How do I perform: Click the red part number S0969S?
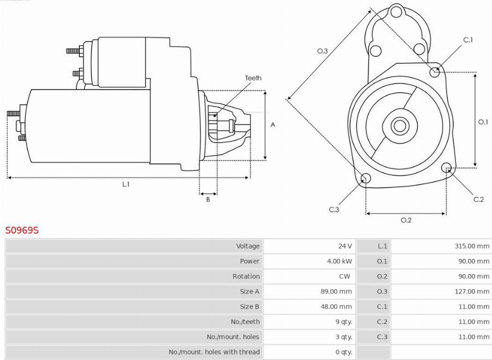(22, 231)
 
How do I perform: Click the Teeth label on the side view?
(253, 78)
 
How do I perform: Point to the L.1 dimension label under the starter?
(125, 185)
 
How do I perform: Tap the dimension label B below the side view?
(208, 200)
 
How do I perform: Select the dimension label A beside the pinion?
(273, 125)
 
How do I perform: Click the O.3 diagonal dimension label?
(323, 51)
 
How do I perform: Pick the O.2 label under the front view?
(406, 220)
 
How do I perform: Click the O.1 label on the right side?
(483, 122)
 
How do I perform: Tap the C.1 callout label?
(468, 40)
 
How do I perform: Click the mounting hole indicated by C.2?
(446, 167)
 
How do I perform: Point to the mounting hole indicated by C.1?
(435, 71)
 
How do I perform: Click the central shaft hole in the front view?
(400, 126)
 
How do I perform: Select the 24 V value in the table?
(345, 246)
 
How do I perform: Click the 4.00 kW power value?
(339, 261)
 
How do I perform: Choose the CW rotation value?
(344, 276)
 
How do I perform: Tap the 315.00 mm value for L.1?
(472, 246)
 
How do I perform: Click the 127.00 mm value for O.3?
(472, 292)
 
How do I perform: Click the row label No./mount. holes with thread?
(214, 352)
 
